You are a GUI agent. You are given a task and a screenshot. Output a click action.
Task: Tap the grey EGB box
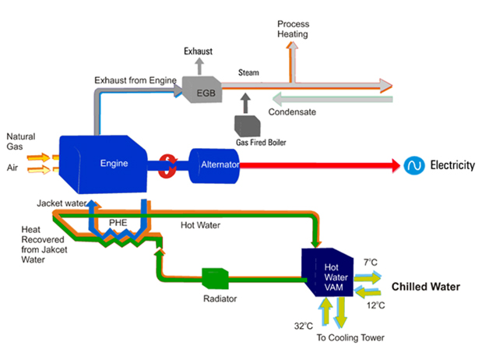click(x=202, y=93)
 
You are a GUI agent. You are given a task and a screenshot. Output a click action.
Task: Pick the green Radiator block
click(x=213, y=278)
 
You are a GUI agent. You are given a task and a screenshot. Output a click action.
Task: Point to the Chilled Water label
click(x=425, y=288)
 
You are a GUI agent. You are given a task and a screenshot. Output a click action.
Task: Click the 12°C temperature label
click(x=375, y=305)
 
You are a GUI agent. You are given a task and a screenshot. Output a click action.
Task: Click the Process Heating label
click(x=293, y=30)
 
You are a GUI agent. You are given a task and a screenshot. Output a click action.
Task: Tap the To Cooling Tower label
click(x=348, y=338)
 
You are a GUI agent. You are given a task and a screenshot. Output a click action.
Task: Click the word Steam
click(x=248, y=73)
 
